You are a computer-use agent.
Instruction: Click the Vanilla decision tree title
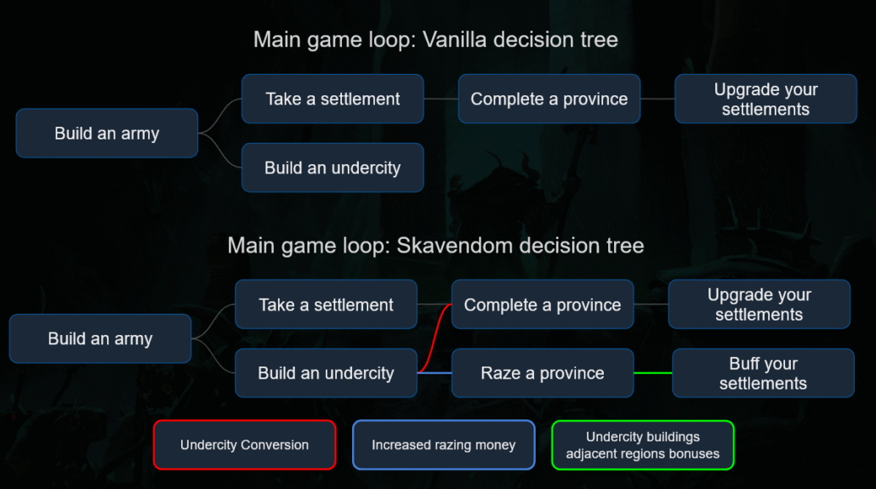pyautogui.click(x=435, y=40)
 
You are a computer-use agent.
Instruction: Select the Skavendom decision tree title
pyautogui.click(x=435, y=245)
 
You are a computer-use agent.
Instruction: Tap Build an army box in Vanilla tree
pyautogui.click(x=106, y=133)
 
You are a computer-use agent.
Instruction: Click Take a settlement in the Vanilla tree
pyautogui.click(x=333, y=99)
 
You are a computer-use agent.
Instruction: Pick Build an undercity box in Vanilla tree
pyautogui.click(x=333, y=168)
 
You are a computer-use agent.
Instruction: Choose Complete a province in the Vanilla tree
pyautogui.click(x=549, y=99)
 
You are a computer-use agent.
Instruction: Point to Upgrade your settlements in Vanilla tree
pyautogui.click(x=766, y=99)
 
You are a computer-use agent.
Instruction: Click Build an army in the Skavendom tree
pyautogui.click(x=100, y=338)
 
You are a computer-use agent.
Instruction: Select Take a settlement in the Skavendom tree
pyautogui.click(x=326, y=304)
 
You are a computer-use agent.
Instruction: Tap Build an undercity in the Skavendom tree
pyautogui.click(x=326, y=373)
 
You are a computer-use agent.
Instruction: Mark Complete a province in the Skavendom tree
pyautogui.click(x=543, y=304)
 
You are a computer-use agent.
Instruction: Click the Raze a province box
pyautogui.click(x=543, y=373)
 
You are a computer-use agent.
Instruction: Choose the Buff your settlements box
pyautogui.click(x=763, y=373)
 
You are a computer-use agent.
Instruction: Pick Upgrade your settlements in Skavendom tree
pyautogui.click(x=759, y=304)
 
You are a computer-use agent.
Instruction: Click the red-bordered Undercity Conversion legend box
pyautogui.click(x=245, y=445)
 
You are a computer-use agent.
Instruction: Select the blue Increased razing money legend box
pyautogui.click(x=444, y=445)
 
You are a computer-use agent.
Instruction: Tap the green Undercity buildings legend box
pyautogui.click(x=642, y=445)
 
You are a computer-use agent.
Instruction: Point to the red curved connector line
pyautogui.click(x=434, y=338)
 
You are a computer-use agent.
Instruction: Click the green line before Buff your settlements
pyautogui.click(x=653, y=372)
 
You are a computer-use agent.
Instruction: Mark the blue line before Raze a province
pyautogui.click(x=435, y=372)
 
